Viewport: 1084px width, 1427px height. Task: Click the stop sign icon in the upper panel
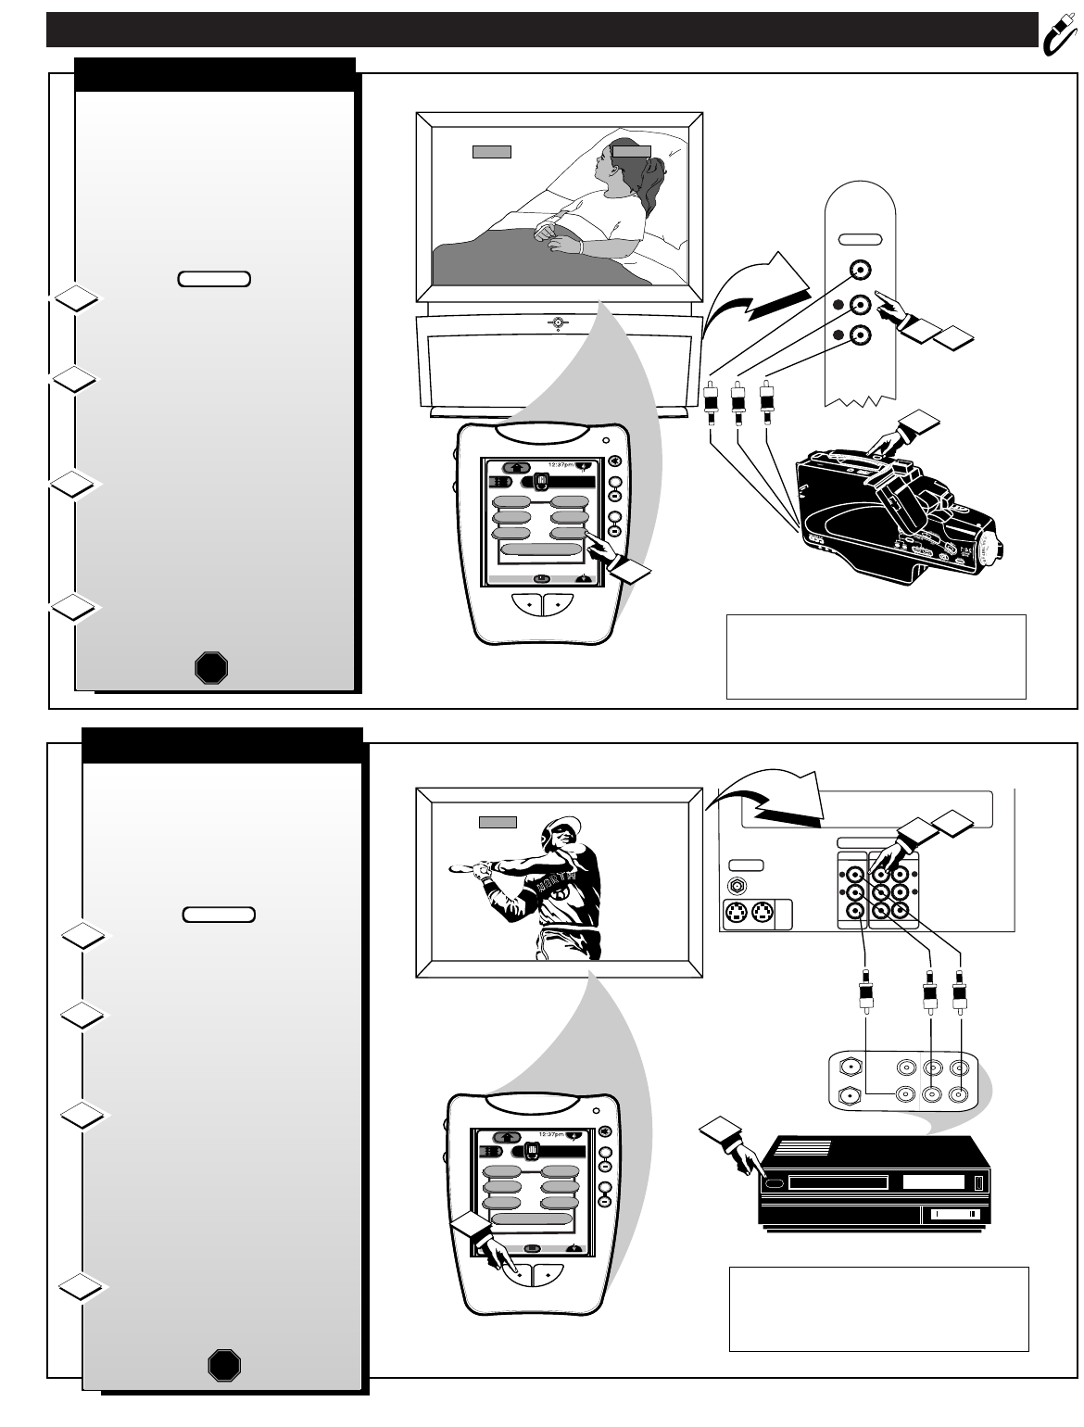[211, 667]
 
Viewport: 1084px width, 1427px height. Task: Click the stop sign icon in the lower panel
[224, 1366]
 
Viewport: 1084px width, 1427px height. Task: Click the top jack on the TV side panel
[861, 271]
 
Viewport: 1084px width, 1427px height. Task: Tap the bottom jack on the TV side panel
[861, 335]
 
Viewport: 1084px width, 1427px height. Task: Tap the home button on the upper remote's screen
[517, 468]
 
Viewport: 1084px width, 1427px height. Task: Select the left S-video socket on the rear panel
[737, 915]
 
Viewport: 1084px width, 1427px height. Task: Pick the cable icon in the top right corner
[1056, 30]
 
